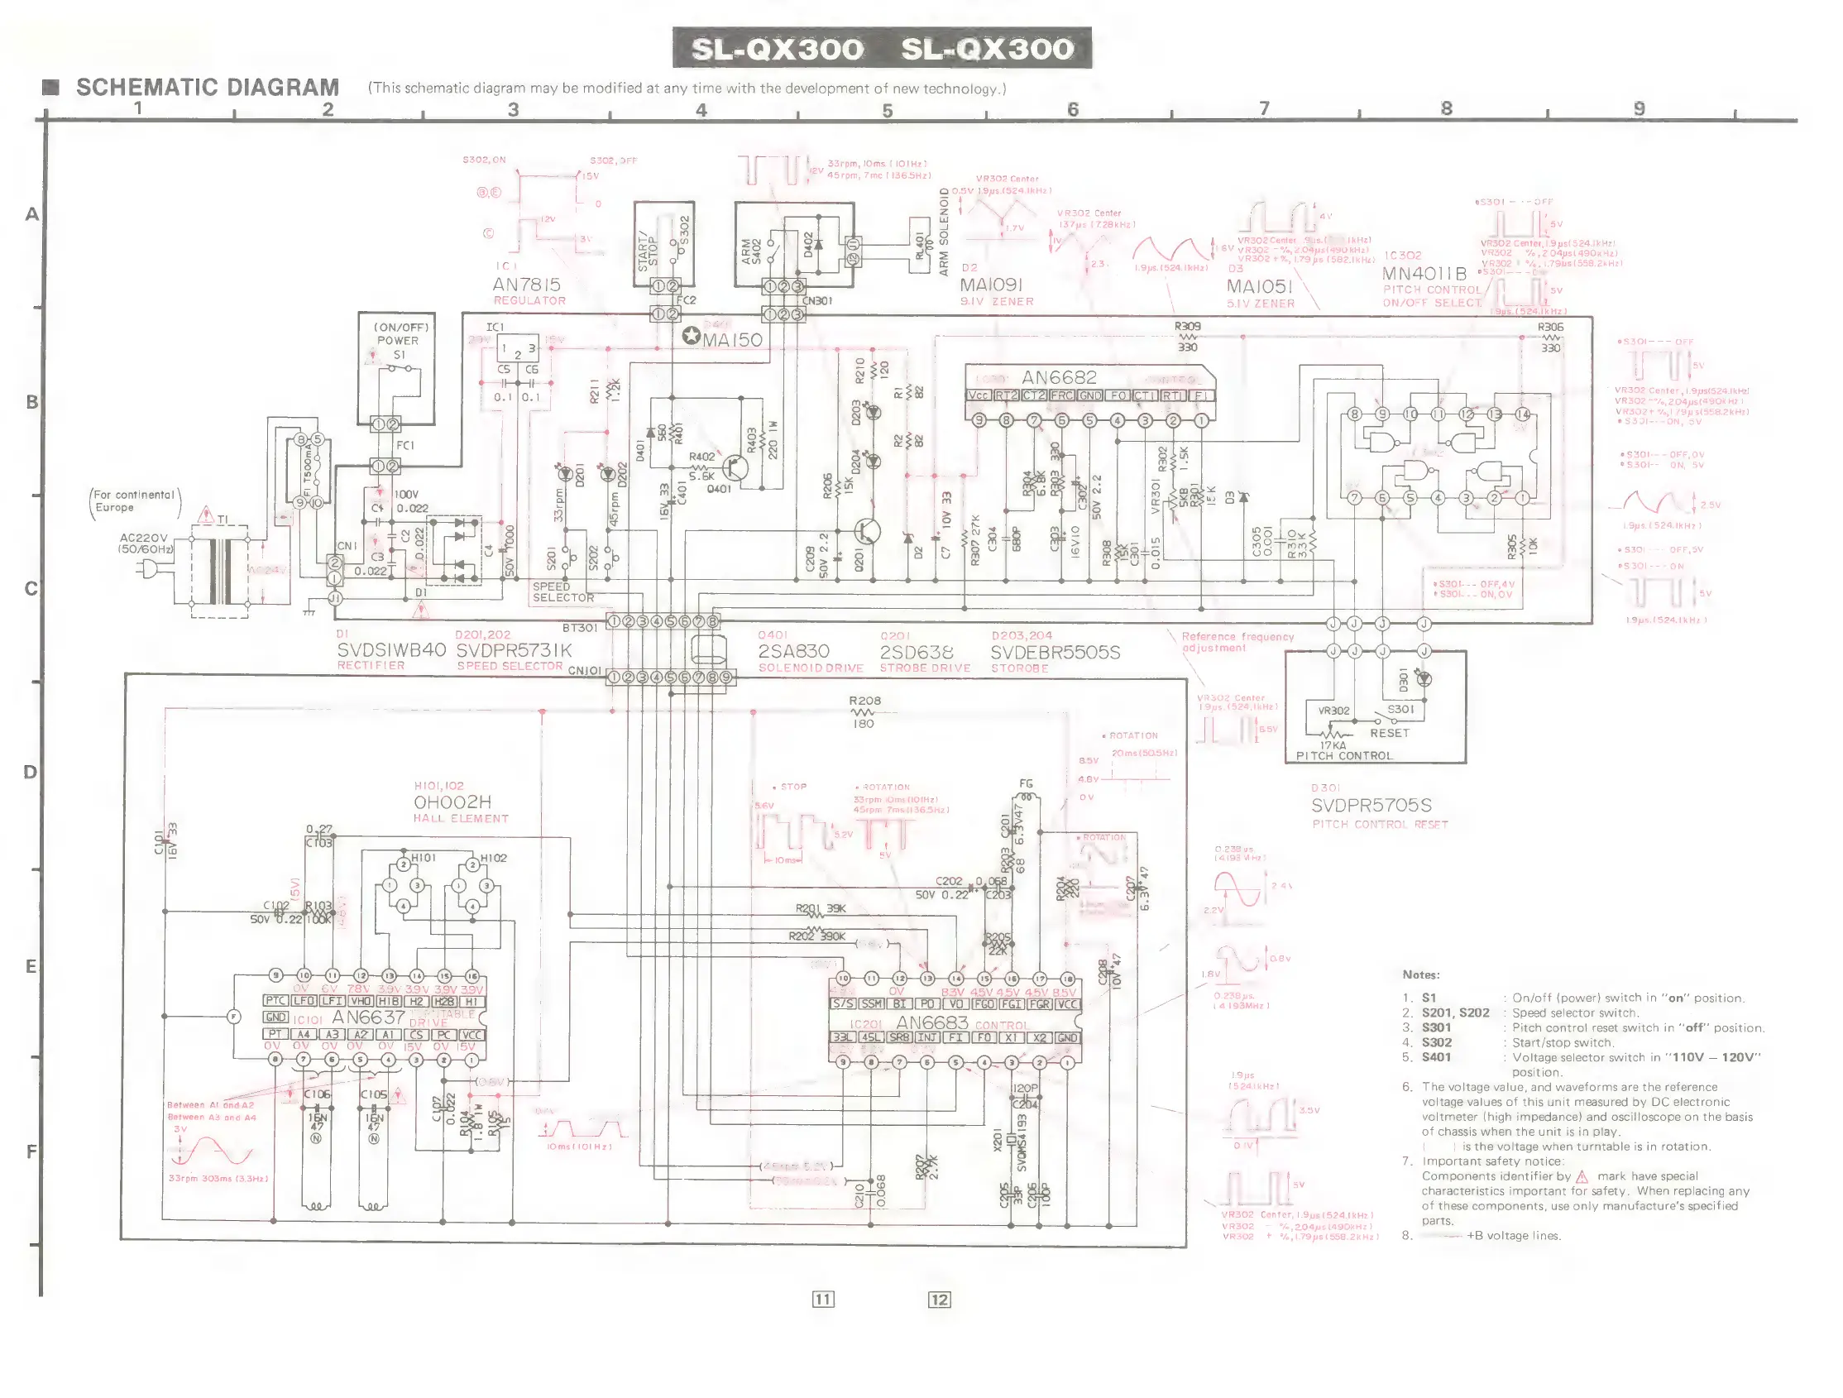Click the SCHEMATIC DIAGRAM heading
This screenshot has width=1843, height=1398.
click(207, 88)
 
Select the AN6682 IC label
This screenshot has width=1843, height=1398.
click(1060, 377)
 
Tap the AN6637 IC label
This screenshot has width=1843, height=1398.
click(368, 1017)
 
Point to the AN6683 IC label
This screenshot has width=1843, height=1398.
click(931, 1022)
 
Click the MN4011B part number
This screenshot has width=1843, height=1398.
click(1424, 273)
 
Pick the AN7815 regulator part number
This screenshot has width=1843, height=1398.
click(527, 285)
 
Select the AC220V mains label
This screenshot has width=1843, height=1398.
click(143, 539)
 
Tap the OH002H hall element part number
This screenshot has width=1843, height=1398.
click(452, 802)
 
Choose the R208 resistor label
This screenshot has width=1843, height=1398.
click(865, 701)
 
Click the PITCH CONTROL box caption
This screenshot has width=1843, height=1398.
click(1344, 755)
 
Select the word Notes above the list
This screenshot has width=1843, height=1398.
click(1420, 974)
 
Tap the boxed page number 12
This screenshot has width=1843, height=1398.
click(939, 1300)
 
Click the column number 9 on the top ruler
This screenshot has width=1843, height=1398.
click(1639, 108)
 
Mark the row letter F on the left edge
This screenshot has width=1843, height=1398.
click(31, 1151)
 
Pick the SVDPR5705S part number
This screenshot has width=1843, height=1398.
click(1371, 805)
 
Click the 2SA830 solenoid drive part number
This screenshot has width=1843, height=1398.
click(793, 651)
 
